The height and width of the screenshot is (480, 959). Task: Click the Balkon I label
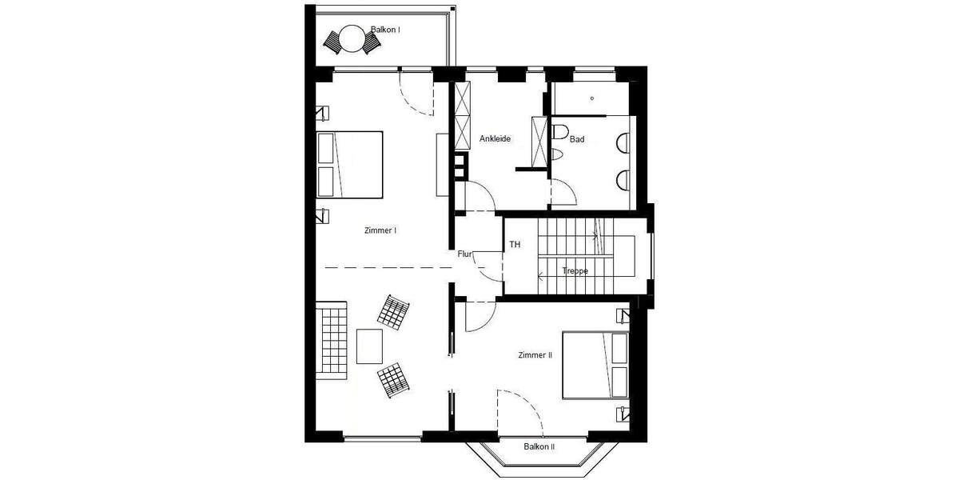click(385, 30)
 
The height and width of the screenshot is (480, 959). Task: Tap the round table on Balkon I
click(352, 38)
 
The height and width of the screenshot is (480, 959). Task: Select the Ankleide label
click(495, 138)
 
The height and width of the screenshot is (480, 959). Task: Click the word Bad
click(577, 139)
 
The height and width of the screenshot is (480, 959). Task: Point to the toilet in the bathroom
click(559, 133)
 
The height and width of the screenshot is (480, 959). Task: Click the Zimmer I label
click(380, 230)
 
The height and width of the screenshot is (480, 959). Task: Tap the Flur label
click(465, 254)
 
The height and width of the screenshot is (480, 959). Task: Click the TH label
click(515, 245)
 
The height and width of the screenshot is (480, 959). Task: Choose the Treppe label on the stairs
click(575, 271)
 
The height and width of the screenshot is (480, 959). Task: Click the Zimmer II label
click(535, 354)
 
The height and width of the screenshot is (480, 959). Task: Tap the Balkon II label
click(539, 446)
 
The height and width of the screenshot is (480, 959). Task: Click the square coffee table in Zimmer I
click(370, 346)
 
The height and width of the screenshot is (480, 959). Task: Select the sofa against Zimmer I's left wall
click(331, 337)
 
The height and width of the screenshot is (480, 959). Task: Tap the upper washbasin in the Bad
click(623, 142)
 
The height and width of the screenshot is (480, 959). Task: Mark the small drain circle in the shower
click(592, 98)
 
